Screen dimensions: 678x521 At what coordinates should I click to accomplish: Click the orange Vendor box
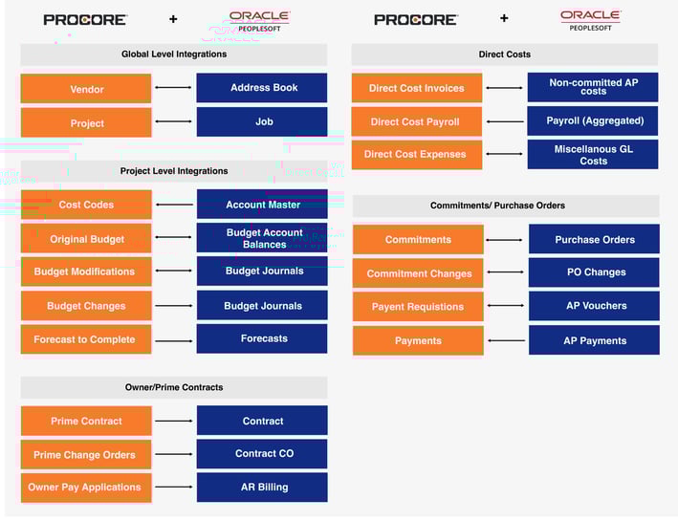tap(86, 89)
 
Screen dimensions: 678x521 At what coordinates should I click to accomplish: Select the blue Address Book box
tap(262, 88)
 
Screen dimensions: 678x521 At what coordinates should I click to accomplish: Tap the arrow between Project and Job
tap(173, 121)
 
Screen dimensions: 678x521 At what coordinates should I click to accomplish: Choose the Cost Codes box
tap(86, 205)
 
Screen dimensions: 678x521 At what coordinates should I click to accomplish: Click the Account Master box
tap(262, 204)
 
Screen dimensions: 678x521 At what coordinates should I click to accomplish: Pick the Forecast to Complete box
tap(86, 339)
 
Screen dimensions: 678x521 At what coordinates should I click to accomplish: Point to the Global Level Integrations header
tap(174, 54)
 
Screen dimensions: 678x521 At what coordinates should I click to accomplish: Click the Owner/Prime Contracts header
tap(174, 387)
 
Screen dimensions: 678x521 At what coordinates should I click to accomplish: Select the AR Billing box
tap(262, 488)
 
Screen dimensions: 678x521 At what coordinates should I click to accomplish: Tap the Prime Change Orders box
tap(86, 454)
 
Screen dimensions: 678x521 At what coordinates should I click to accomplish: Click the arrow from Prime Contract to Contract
tap(174, 421)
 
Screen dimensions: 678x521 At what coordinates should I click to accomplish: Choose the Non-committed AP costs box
tap(593, 87)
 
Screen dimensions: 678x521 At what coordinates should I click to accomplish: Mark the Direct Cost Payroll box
tap(416, 121)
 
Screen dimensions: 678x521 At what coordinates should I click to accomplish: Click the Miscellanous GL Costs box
tap(593, 154)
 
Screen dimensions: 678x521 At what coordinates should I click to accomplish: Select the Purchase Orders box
tap(594, 239)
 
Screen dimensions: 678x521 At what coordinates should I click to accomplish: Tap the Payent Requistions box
tap(418, 307)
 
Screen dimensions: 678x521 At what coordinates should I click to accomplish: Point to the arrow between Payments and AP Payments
tap(506, 340)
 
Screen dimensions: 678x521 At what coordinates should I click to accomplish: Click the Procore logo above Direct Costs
tap(416, 19)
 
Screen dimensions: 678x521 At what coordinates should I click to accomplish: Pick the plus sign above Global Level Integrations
tap(173, 19)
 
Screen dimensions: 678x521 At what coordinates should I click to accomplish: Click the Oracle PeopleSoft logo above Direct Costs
tap(591, 20)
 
